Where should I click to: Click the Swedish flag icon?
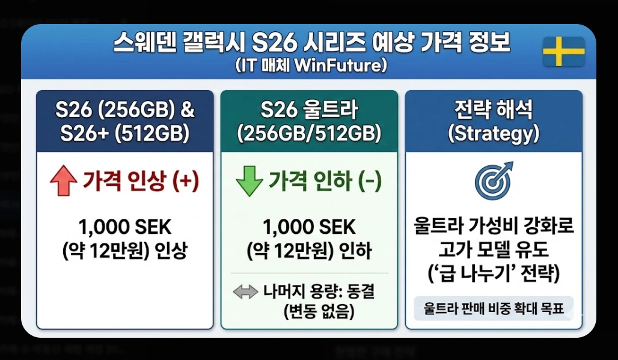(563, 52)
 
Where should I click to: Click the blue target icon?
(493, 180)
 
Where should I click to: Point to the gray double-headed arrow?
(245, 293)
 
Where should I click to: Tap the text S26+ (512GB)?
(125, 133)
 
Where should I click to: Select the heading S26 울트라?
(309, 111)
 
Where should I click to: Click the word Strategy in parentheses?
(494, 133)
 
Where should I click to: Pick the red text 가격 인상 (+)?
(141, 181)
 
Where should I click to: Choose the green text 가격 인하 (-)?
(325, 181)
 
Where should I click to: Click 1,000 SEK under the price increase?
(125, 227)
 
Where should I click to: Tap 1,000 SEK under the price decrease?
(309, 227)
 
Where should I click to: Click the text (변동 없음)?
(319, 312)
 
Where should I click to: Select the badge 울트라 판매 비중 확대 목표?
(494, 310)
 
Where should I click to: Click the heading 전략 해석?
(494, 111)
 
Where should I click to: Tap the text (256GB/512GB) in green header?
(309, 133)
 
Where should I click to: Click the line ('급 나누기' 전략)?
(494, 274)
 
